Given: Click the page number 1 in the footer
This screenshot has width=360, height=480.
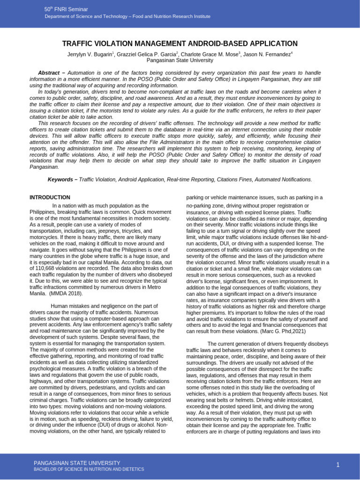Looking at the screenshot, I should coord(337,464).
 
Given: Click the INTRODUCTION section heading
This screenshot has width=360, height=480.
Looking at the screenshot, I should coord(50,197).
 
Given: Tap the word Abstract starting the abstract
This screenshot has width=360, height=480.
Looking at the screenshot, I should coord(48,73).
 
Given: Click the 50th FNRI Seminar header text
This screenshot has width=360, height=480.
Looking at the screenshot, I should coord(66,9).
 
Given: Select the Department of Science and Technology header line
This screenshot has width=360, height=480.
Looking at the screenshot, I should coord(127,16).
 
